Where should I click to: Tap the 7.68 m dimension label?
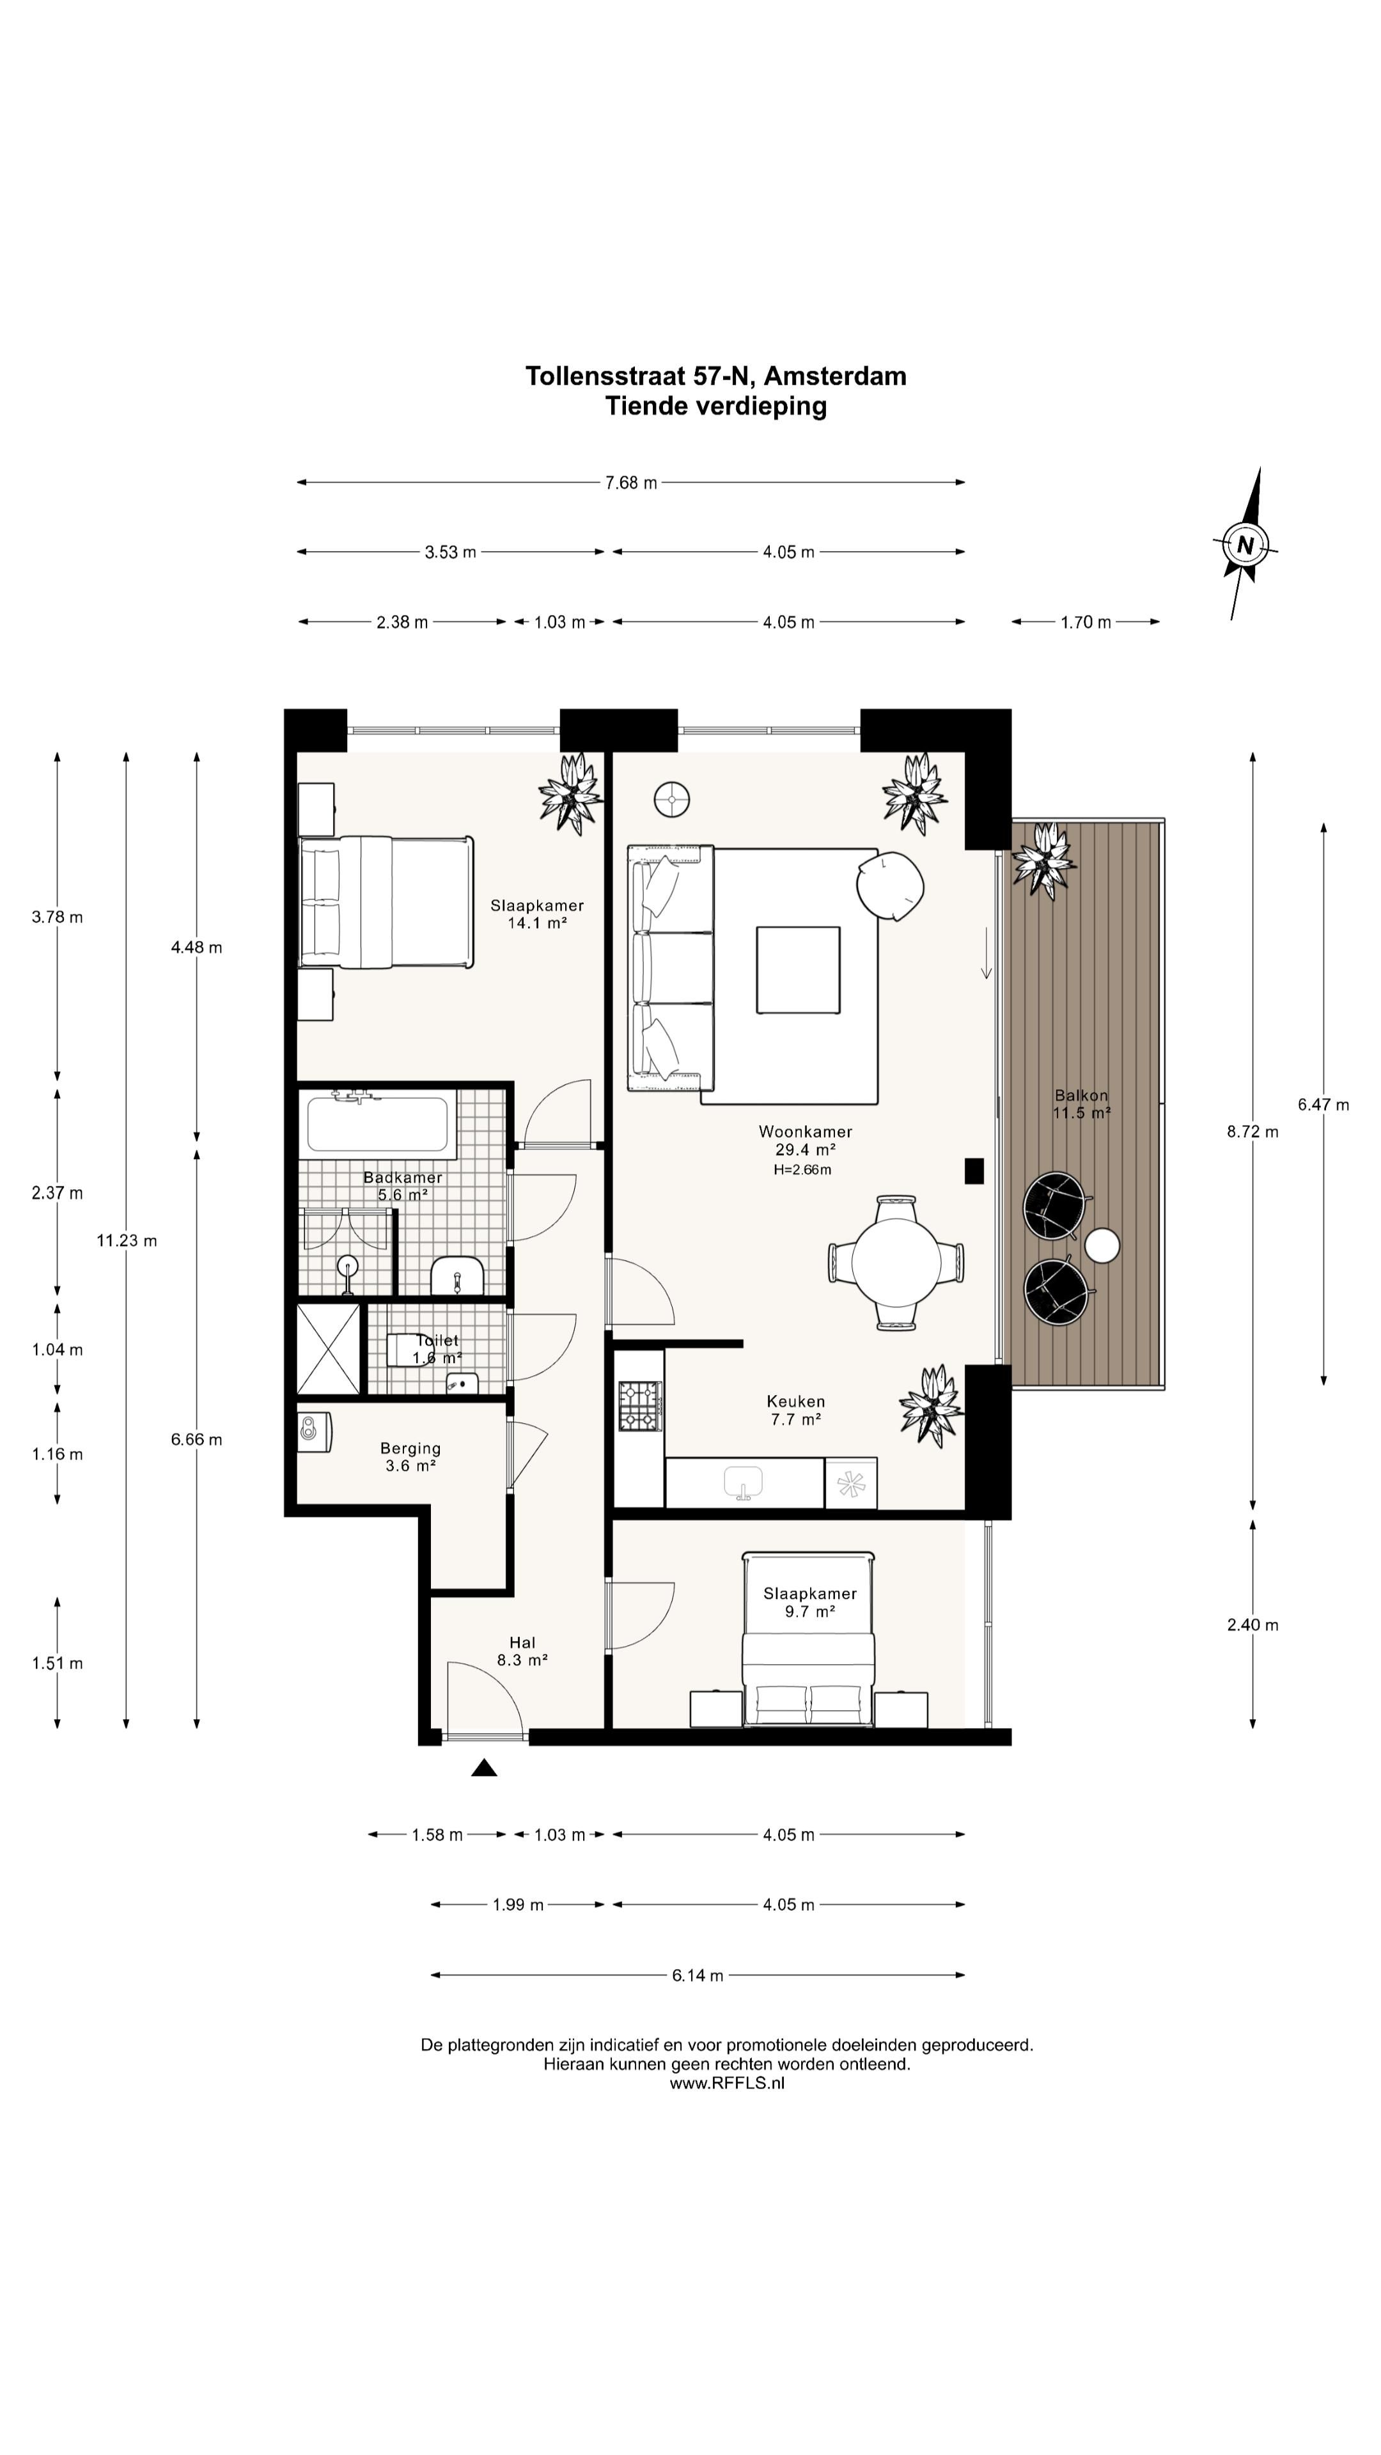tap(631, 482)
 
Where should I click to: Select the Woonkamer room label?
tap(806, 1131)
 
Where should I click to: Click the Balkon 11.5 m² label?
tap(1082, 1103)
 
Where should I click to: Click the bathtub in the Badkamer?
tap(377, 1124)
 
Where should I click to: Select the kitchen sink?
tap(744, 1482)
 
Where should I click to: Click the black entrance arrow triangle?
tap(484, 1768)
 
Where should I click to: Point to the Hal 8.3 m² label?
tap(522, 1651)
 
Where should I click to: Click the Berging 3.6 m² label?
tap(410, 1456)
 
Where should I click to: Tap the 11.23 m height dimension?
tap(127, 1240)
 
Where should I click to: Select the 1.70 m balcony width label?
tap(1086, 622)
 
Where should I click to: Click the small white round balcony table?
tap(1103, 1245)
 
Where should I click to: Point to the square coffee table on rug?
tap(799, 969)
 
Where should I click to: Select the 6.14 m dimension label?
tap(698, 1976)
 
